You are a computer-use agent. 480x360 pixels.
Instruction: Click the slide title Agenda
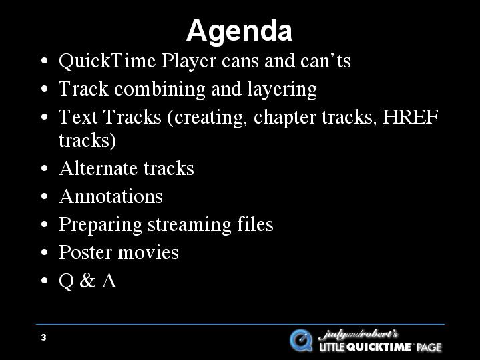[x=240, y=31]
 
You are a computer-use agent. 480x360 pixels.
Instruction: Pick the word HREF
[x=411, y=117]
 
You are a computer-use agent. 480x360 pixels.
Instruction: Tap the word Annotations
[x=111, y=196]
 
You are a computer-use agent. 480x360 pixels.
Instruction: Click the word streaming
[x=189, y=225]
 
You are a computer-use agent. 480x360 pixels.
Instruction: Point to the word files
[x=255, y=224]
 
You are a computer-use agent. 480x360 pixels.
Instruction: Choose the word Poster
[x=85, y=252]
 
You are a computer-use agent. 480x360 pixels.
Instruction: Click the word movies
[x=148, y=252]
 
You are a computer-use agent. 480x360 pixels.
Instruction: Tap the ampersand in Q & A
[x=87, y=281]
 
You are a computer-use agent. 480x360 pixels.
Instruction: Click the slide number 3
[x=43, y=337]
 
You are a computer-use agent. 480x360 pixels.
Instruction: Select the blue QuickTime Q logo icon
[x=301, y=341]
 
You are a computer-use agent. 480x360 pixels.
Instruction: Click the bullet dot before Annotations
[x=44, y=196]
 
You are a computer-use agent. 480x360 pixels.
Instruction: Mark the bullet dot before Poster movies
[x=44, y=252]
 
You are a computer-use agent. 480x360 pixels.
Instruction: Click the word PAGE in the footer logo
[x=429, y=347]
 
